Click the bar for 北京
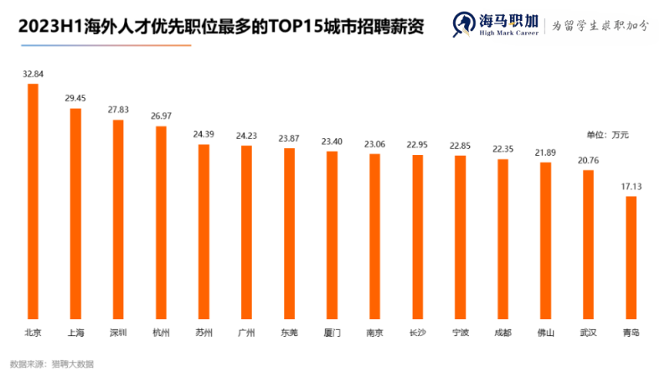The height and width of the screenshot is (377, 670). click(33, 201)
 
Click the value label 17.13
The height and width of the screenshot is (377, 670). click(631, 185)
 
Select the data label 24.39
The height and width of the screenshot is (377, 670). click(204, 134)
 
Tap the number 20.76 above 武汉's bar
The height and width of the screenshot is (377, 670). click(589, 160)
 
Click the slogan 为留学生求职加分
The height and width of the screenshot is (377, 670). click(600, 25)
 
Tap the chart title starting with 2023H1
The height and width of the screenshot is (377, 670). click(220, 26)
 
